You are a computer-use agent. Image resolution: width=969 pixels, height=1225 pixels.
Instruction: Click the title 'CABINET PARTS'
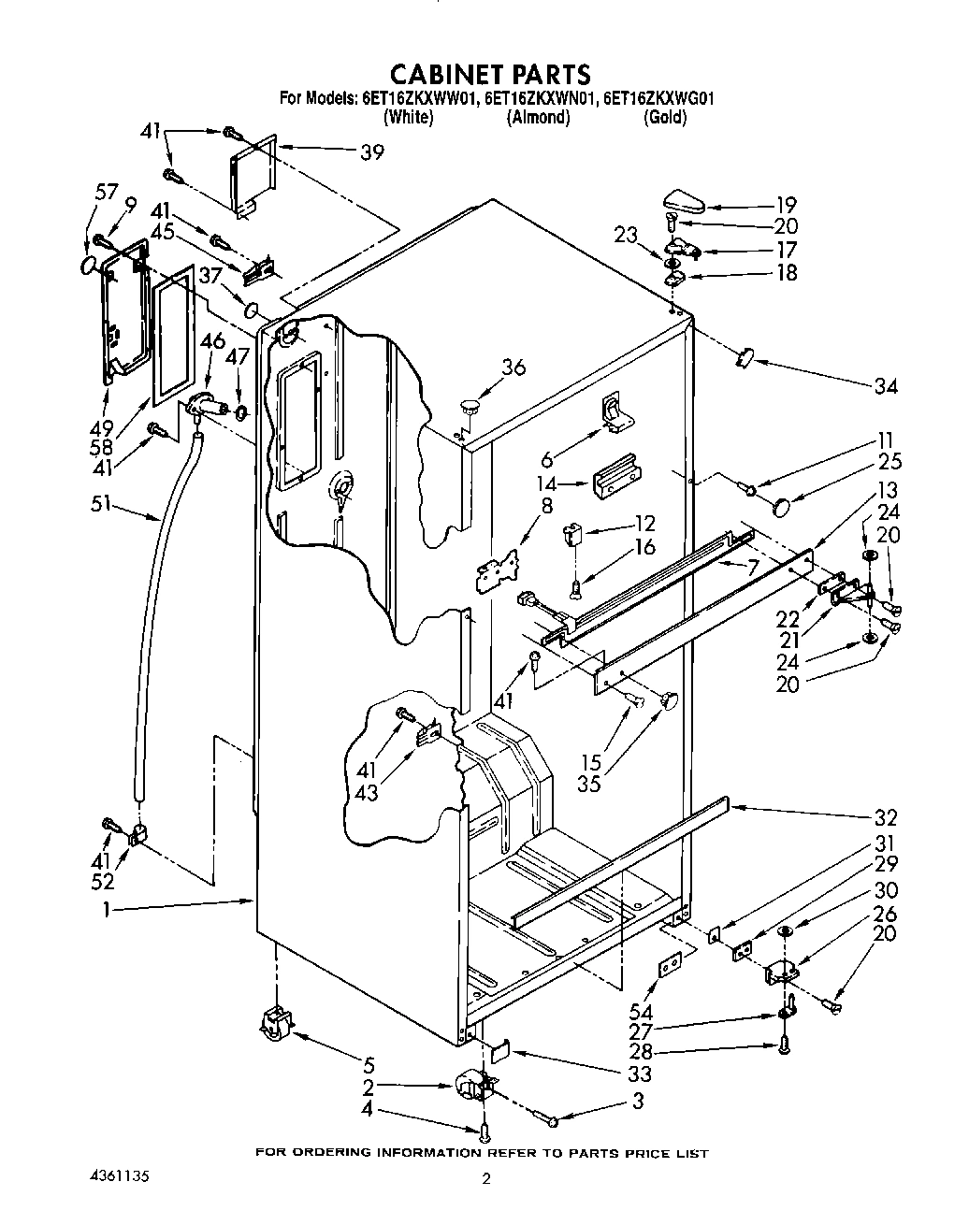coord(489,73)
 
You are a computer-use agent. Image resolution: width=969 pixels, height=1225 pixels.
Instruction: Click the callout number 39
coord(371,151)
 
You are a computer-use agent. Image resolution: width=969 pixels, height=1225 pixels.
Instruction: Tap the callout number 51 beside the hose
coord(102,506)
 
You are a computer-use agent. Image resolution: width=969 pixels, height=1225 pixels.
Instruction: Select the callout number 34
coord(884,386)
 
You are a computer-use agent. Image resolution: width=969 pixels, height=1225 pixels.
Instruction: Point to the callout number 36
coord(513,367)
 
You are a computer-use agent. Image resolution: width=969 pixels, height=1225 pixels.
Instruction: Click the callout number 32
coord(884,815)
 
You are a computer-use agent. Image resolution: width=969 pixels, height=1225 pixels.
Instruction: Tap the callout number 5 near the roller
coord(369,1064)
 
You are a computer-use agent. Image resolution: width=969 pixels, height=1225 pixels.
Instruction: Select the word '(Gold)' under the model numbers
coord(665,118)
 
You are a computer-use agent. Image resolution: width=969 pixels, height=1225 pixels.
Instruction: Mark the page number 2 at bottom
coord(485,1180)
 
